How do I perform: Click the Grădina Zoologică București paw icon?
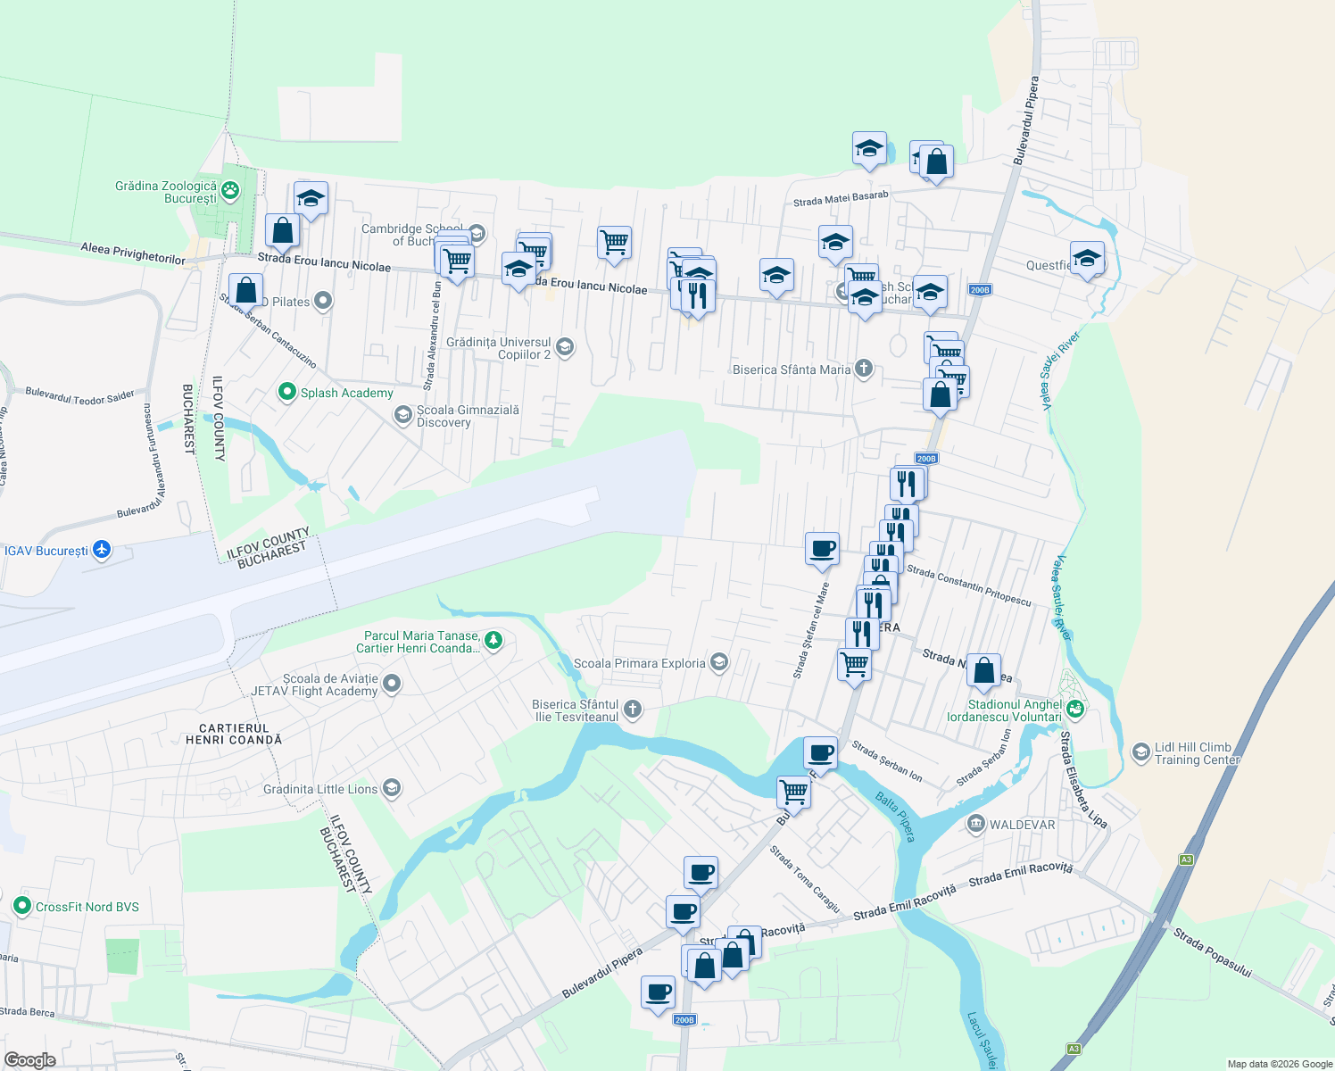pyautogui.click(x=230, y=189)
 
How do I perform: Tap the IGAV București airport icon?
pyautogui.click(x=102, y=550)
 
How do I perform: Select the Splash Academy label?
pyautogui.click(x=346, y=393)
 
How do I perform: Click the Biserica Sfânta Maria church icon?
pyautogui.click(x=863, y=368)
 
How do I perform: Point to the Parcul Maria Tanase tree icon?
pyautogui.click(x=493, y=640)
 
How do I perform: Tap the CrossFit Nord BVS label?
pyautogui.click(x=87, y=907)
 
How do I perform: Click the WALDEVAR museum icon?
pyautogui.click(x=976, y=824)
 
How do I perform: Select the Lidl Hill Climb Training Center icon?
pyautogui.click(x=1140, y=752)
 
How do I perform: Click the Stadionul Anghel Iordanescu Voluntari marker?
pyautogui.click(x=1075, y=709)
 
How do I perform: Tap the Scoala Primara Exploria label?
pyautogui.click(x=639, y=663)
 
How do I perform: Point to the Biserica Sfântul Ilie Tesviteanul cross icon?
pyautogui.click(x=632, y=710)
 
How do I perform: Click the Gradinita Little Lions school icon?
pyautogui.click(x=391, y=788)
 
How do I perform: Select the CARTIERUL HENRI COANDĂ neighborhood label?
pyautogui.click(x=234, y=734)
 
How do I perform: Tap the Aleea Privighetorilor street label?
pyautogui.click(x=133, y=253)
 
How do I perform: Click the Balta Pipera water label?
pyautogui.click(x=895, y=816)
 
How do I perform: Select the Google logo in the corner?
pyautogui.click(x=30, y=1059)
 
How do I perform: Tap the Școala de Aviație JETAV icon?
pyautogui.click(x=391, y=685)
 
